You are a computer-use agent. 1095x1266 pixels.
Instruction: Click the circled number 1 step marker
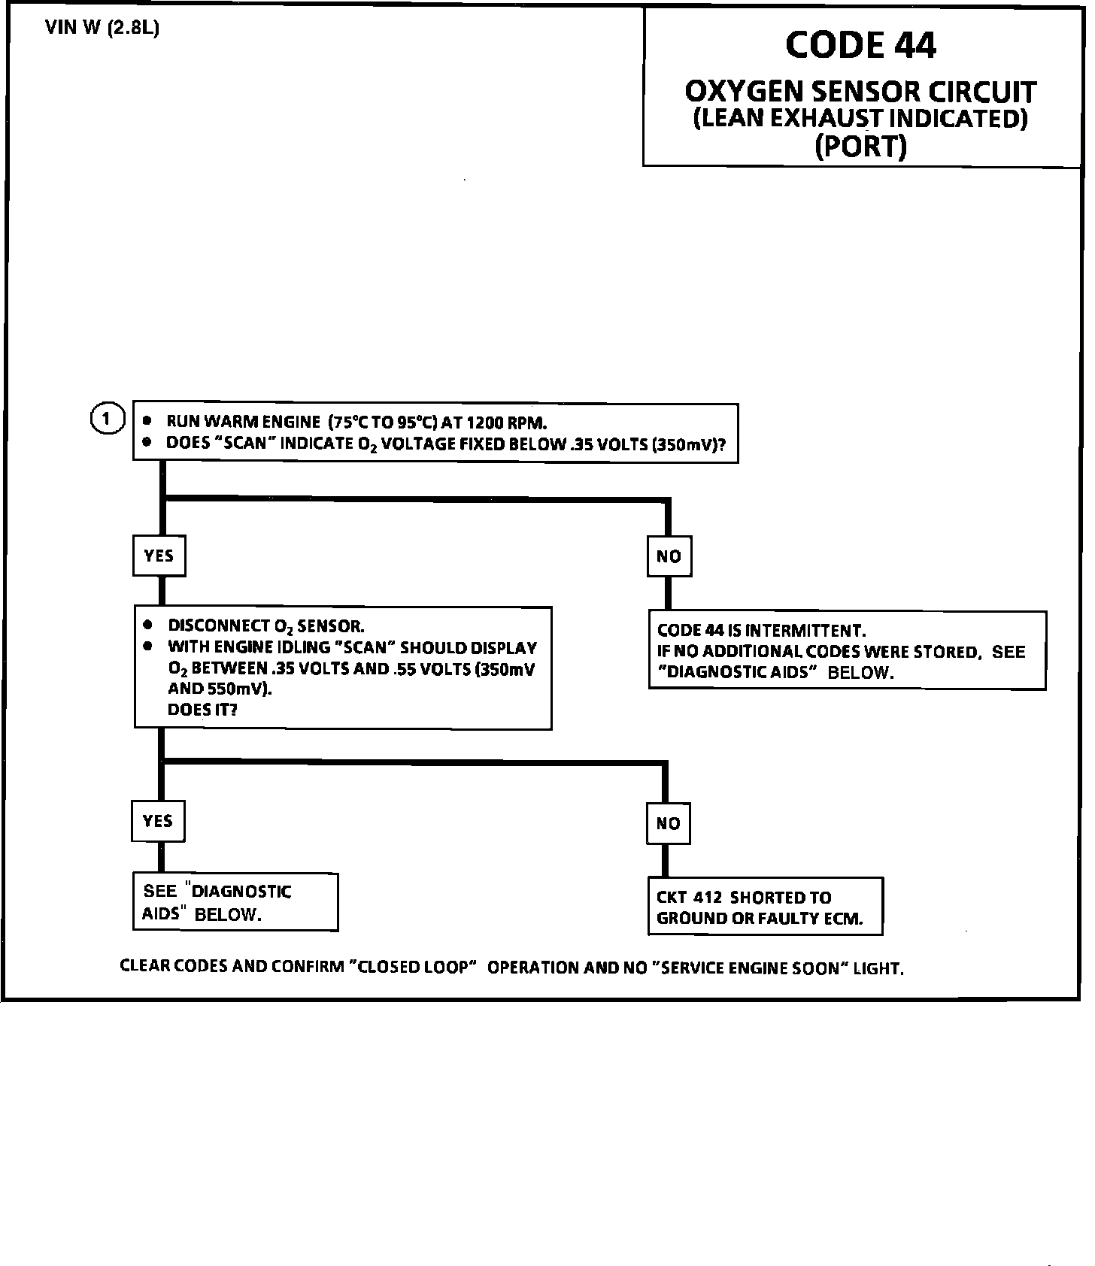pos(107,419)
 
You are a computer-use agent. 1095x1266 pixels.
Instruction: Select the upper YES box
pos(159,556)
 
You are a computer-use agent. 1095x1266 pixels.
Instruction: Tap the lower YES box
pos(157,821)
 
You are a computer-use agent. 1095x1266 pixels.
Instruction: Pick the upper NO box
pos(669,556)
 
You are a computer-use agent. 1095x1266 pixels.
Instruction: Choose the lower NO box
pos(668,823)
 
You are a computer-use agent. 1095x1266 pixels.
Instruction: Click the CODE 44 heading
pos(860,44)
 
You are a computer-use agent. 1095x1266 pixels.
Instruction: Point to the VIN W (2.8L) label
pos(102,29)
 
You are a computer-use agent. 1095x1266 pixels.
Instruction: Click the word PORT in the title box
pos(861,146)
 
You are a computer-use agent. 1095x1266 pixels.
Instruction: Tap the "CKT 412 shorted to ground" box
pos(764,907)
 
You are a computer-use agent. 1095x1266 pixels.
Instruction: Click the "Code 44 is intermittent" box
pos(847,651)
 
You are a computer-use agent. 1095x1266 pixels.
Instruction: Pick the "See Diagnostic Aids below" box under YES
pos(235,902)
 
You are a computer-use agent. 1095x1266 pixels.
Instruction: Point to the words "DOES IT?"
pos(202,710)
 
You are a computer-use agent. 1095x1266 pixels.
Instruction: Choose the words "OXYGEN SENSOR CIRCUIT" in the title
pos(860,92)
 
